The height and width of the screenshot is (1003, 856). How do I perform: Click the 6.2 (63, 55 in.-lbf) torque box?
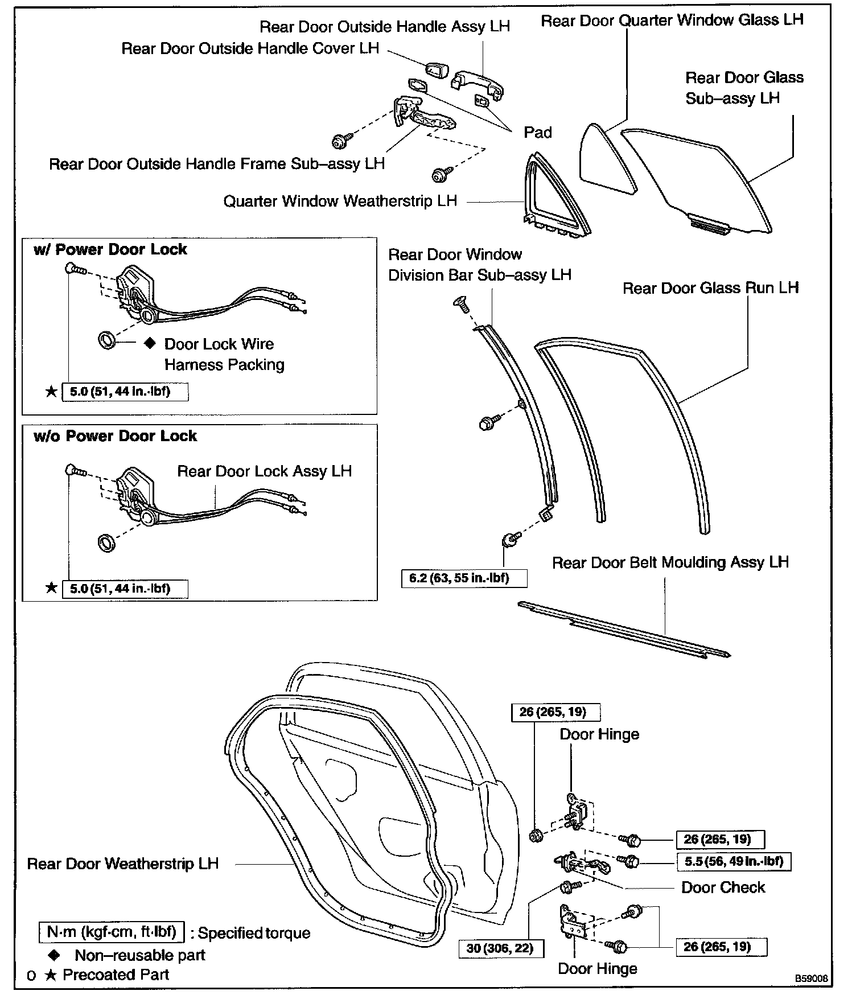pyautogui.click(x=464, y=578)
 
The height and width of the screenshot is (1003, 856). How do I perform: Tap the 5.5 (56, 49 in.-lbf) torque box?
pyautogui.click(x=734, y=862)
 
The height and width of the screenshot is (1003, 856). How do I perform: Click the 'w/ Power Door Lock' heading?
pyautogui.click(x=110, y=249)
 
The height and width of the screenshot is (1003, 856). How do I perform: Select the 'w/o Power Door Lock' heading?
pyautogui.click(x=115, y=436)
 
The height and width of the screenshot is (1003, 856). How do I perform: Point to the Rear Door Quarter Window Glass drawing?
pyautogui.click(x=606, y=162)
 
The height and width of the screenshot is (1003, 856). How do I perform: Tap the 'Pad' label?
pyautogui.click(x=538, y=133)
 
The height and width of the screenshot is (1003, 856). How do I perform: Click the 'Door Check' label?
pyautogui.click(x=723, y=887)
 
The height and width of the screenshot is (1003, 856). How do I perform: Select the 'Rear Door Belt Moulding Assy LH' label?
pyautogui.click(x=670, y=562)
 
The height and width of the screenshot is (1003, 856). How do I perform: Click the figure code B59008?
pyautogui.click(x=812, y=979)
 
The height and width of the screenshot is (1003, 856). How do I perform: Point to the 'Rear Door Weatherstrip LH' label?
pyautogui.click(x=123, y=864)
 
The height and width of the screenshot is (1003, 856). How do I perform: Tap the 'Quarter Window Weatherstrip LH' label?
pyautogui.click(x=340, y=201)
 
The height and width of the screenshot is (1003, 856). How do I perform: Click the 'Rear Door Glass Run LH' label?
pyautogui.click(x=710, y=288)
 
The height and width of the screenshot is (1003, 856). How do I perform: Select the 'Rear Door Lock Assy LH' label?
pyautogui.click(x=265, y=471)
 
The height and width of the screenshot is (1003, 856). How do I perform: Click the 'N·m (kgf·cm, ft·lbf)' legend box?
pyautogui.click(x=112, y=932)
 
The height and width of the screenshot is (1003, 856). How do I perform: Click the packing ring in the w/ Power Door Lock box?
pyautogui.click(x=106, y=340)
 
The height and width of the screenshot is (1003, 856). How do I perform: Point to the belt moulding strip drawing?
pyautogui.click(x=623, y=630)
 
